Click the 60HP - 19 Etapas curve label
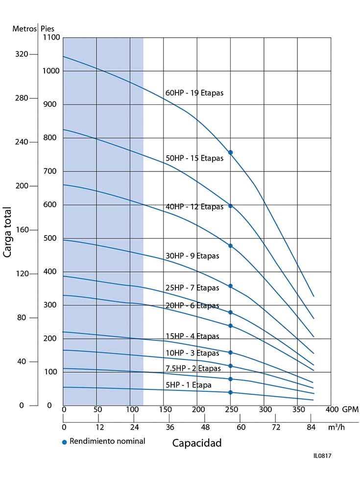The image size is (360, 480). tap(194, 93)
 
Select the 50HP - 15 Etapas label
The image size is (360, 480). tap(194, 158)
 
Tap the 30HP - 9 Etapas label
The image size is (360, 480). tap(192, 256)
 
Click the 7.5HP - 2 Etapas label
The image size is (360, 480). tap(193, 368)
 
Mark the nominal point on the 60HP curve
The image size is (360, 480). tap(230, 153)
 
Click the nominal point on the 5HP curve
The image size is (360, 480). tap(230, 392)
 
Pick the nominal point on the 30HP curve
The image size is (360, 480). tap(230, 286)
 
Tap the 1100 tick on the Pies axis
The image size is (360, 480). tap(51, 38)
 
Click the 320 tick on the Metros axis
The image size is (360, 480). tap(23, 54)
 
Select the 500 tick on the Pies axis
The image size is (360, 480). tap(51, 239)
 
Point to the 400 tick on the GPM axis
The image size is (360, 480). tap(332, 409)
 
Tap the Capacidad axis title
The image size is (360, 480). tap(197, 443)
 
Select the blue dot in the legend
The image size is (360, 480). tap(64, 442)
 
